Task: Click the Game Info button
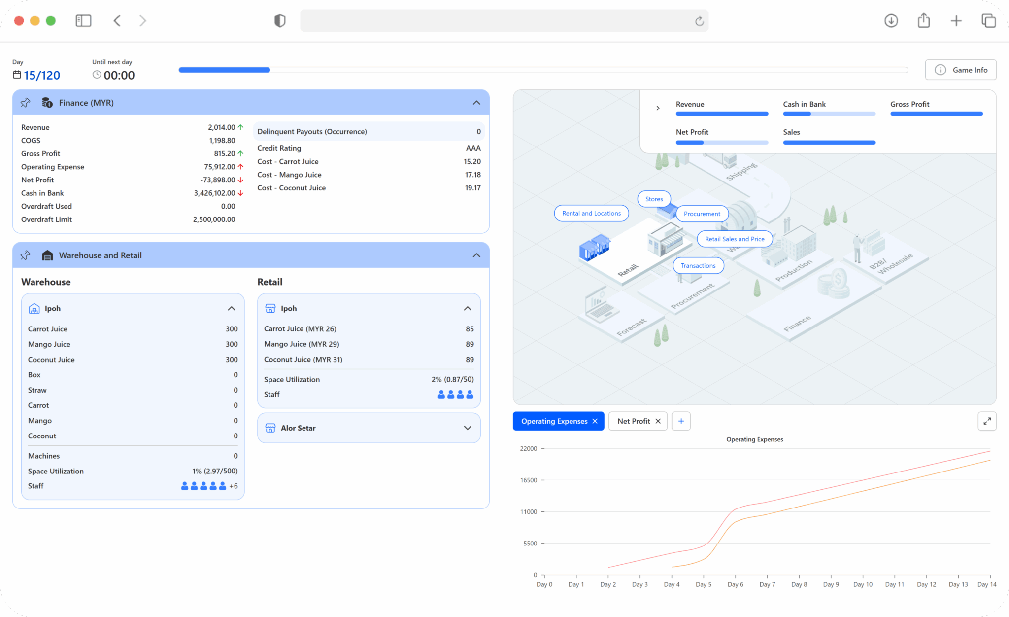(x=961, y=70)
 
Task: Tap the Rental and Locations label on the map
(x=591, y=213)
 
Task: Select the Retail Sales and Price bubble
(x=735, y=239)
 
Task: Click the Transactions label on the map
(x=698, y=266)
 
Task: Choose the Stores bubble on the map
(x=654, y=199)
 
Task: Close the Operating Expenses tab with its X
(x=595, y=421)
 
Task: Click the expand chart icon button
(x=987, y=421)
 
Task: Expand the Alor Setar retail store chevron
(x=468, y=428)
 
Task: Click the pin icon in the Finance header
(x=26, y=103)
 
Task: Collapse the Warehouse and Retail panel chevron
(x=476, y=255)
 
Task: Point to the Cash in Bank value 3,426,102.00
(x=214, y=193)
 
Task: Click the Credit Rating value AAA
(x=473, y=148)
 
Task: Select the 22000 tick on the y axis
(x=529, y=449)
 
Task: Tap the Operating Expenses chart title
(x=755, y=439)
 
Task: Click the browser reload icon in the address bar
(x=700, y=21)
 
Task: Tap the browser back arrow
(x=117, y=21)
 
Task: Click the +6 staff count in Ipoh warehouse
(x=234, y=486)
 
